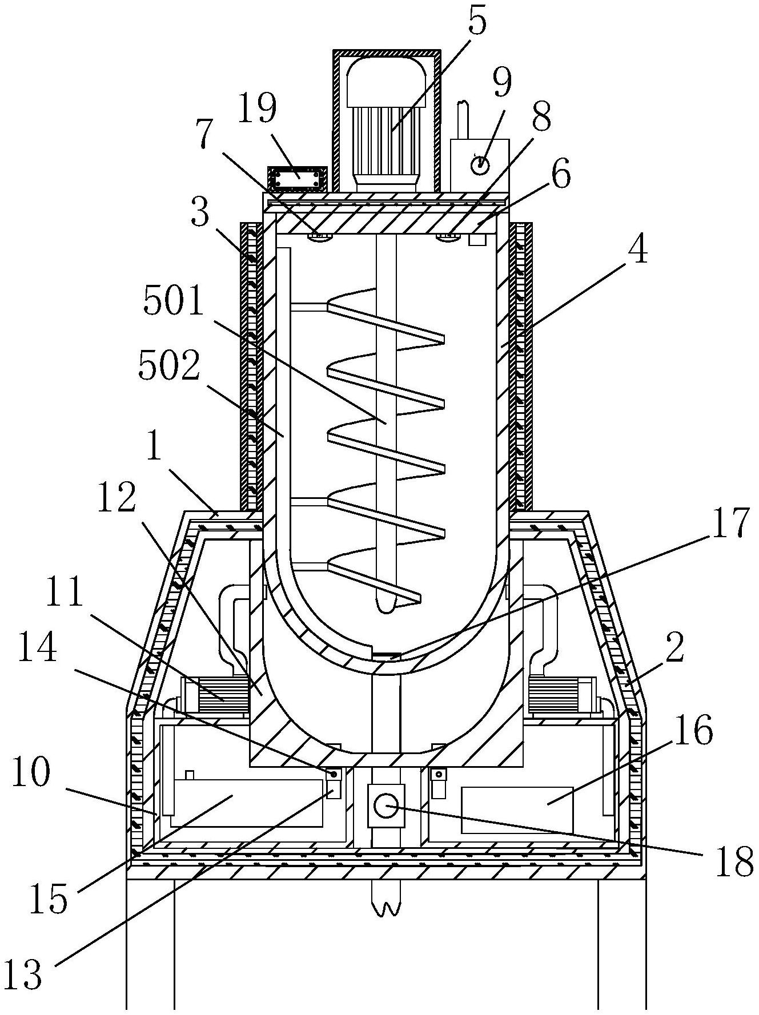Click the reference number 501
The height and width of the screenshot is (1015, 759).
(173, 301)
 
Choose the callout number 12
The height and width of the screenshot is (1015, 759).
(117, 497)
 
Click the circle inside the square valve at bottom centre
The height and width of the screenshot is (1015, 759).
(385, 805)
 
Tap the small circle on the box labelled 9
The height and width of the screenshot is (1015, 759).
(480, 164)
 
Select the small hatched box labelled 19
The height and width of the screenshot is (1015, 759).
(297, 180)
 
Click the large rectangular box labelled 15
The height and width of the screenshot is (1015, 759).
(247, 802)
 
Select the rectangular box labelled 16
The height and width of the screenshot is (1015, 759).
(517, 809)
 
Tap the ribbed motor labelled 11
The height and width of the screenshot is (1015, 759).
(215, 696)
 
